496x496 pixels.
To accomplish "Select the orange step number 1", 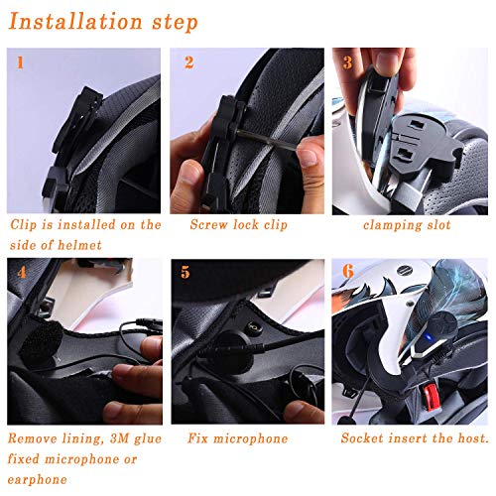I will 21,63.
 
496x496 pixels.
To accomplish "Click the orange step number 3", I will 346,62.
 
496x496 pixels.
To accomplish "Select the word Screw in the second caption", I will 208,225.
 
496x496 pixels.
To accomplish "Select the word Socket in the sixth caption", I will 364,437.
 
